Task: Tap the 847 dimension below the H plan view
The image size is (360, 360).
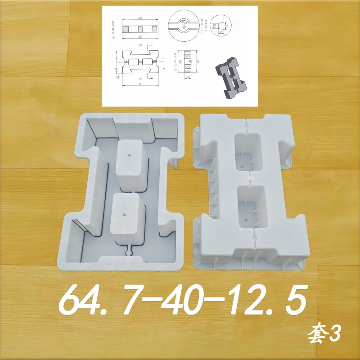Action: coord(140,84)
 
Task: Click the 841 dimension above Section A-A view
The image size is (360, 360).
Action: coord(140,18)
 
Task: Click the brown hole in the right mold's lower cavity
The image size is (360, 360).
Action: coord(245,220)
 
